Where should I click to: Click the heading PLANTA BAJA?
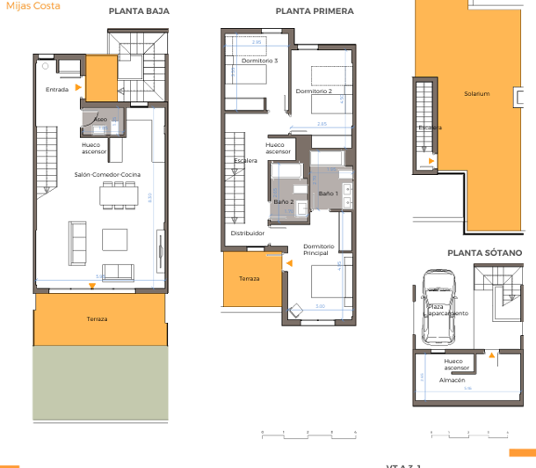tap(139, 11)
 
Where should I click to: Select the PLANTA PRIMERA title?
tap(315, 11)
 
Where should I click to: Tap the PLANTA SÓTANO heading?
tap(484, 252)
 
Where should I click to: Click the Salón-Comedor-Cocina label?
tap(102, 174)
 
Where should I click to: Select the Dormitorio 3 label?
tap(259, 61)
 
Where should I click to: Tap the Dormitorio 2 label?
tap(314, 91)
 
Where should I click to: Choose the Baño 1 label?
tap(328, 193)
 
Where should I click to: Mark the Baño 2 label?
tap(284, 202)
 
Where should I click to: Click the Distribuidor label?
tap(248, 233)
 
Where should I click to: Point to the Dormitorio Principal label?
tap(315, 249)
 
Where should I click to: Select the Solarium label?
tap(477, 93)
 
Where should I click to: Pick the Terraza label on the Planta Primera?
tap(250, 278)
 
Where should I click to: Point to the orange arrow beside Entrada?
tap(79, 88)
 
